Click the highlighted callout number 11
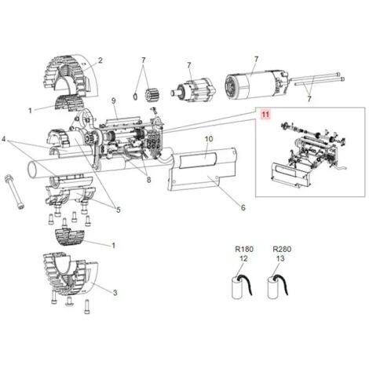pyautogui.click(x=265, y=115)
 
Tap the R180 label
pyautogui.click(x=244, y=249)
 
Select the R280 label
pyautogui.click(x=282, y=249)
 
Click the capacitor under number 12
pyautogui.click(x=242, y=287)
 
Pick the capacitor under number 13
pyautogui.click(x=278, y=287)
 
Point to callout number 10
pyautogui.click(x=209, y=139)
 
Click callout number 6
pyautogui.click(x=243, y=207)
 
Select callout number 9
pyautogui.click(x=113, y=100)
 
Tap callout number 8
pyautogui.click(x=148, y=180)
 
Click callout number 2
pyautogui.click(x=100, y=60)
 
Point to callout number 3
pyautogui.click(x=115, y=293)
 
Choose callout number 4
pyautogui.click(x=4, y=139)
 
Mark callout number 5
pyautogui.click(x=119, y=210)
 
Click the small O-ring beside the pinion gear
pyautogui.click(x=135, y=97)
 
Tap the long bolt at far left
pyautogui.click(x=15, y=192)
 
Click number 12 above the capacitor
pyautogui.click(x=243, y=258)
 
